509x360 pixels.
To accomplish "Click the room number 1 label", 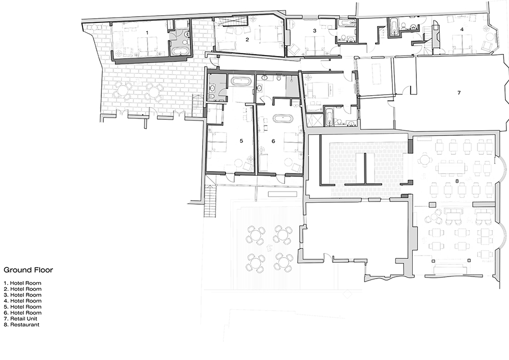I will tap(147, 32).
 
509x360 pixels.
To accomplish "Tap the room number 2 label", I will tap(247, 39).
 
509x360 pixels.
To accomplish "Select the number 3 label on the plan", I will tap(315, 31).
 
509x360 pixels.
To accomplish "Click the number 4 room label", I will tap(462, 30).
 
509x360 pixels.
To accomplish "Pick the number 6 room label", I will tap(273, 141).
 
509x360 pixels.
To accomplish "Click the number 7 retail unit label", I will tap(459, 93).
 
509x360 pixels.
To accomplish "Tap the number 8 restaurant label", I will tap(457, 181).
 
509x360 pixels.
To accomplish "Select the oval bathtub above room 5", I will tap(239, 81).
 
